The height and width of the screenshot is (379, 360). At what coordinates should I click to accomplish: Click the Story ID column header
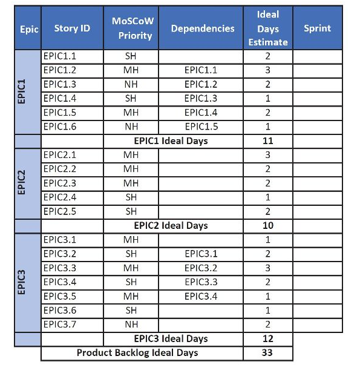[72, 28]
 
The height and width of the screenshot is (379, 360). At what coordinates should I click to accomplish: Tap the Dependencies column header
[202, 28]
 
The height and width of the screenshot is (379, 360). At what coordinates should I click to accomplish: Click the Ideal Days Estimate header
[267, 28]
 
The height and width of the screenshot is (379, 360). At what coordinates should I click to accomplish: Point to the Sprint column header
[317, 28]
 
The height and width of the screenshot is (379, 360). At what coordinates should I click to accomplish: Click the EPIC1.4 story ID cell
[60, 99]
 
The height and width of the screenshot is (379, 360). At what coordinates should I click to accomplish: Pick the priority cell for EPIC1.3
[131, 84]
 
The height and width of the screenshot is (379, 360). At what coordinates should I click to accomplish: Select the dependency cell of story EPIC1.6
[201, 127]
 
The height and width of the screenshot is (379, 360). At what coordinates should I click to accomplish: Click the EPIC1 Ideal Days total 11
[268, 141]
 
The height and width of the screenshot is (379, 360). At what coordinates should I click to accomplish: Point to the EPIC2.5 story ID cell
[60, 212]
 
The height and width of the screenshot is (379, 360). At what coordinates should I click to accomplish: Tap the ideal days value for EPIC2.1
[267, 156]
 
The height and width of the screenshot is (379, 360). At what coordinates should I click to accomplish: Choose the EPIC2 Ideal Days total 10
[268, 226]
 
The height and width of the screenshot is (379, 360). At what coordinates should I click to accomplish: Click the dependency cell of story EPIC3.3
[201, 268]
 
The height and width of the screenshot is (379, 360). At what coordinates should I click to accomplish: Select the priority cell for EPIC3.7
[131, 325]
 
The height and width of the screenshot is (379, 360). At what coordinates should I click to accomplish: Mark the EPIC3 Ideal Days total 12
[268, 338]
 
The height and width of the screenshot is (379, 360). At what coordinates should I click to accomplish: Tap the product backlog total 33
[268, 352]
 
